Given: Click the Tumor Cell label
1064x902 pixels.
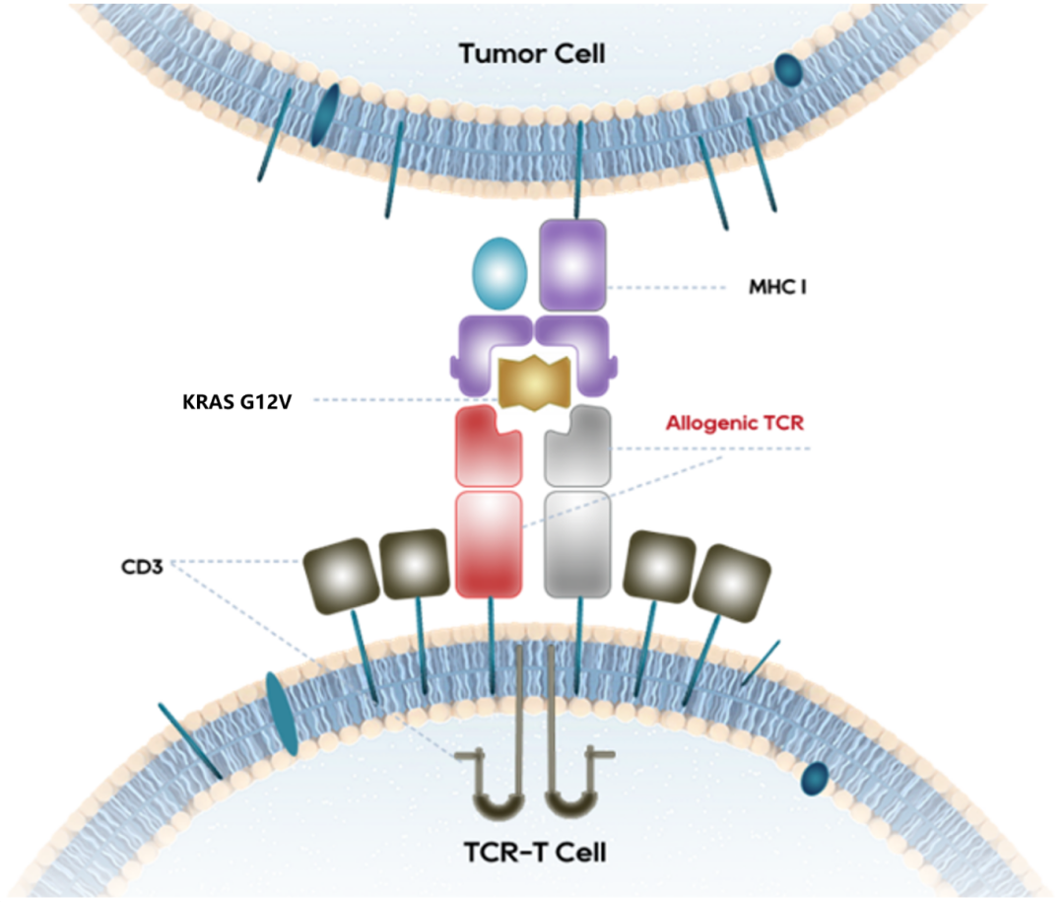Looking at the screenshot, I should (532, 53).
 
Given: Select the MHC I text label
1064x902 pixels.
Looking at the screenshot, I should (777, 290).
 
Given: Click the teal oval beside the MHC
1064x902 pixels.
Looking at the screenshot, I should (501, 271).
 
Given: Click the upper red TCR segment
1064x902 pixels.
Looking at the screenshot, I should (488, 447).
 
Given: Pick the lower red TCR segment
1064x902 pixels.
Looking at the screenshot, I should (489, 544).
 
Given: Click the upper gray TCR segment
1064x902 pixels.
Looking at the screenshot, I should (578, 446).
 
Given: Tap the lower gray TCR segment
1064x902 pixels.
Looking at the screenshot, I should (578, 544).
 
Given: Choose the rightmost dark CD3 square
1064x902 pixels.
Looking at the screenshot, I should (731, 573).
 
